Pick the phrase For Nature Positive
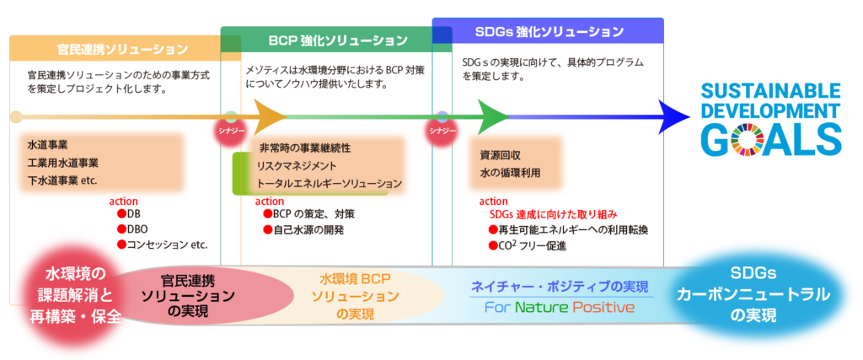pyautogui.click(x=560, y=307)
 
